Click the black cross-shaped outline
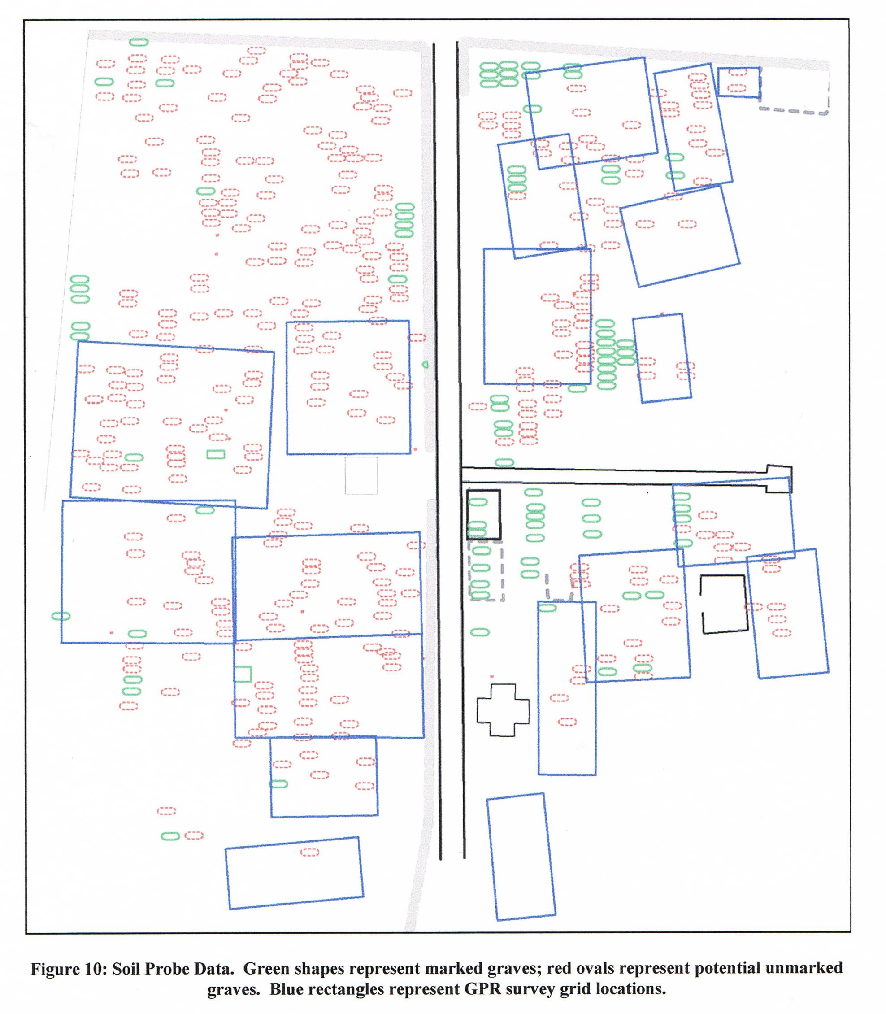[478, 710]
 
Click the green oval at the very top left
[139, 42]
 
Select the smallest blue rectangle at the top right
[738, 68]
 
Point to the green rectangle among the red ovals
[216, 454]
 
